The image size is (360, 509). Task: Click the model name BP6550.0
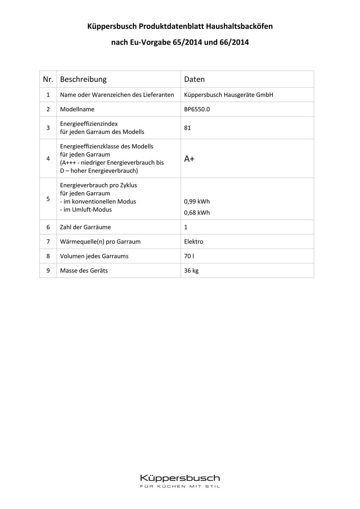click(197, 109)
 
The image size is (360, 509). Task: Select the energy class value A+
click(189, 159)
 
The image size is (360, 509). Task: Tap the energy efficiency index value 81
click(187, 128)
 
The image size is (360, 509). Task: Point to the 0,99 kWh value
click(197, 202)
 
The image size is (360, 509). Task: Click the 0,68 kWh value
click(197, 213)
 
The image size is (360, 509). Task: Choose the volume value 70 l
click(189, 256)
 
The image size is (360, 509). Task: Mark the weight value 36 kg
click(191, 271)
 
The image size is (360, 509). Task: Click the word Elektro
click(193, 242)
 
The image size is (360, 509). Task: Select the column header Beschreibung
click(83, 79)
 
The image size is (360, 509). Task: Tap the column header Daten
click(194, 79)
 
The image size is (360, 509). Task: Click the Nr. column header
click(48, 79)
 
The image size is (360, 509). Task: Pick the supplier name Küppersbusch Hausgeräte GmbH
click(228, 95)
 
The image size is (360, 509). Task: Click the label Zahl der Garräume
click(85, 227)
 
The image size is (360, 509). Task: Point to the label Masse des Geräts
click(84, 271)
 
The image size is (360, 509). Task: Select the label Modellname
click(77, 109)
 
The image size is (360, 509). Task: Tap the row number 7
click(48, 242)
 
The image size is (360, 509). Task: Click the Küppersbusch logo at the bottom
click(180, 478)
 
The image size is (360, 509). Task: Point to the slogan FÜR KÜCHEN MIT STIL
click(180, 487)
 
